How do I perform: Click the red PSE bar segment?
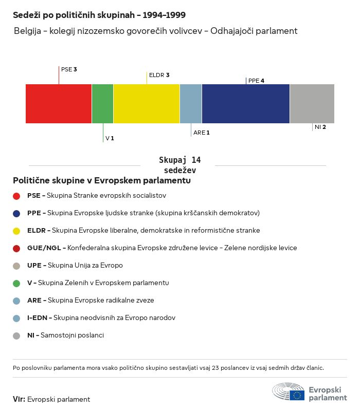[x=59, y=104]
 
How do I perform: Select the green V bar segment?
[x=102, y=104]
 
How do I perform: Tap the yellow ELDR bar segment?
[x=147, y=104]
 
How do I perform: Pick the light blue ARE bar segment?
[x=191, y=104]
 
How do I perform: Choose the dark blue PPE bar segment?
[x=246, y=104]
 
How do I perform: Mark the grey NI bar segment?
[x=312, y=104]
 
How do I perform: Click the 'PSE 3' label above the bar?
[x=69, y=69]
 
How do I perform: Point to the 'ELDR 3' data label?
[x=159, y=75]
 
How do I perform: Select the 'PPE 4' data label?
[x=256, y=81]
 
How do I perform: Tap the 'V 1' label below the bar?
[x=110, y=138]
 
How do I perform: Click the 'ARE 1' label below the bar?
[x=202, y=133]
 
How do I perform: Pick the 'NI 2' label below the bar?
[x=320, y=127]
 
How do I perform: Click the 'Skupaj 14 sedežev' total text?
[x=179, y=165]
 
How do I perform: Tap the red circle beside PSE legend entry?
[x=16, y=196]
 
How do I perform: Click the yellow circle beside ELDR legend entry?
[x=16, y=231]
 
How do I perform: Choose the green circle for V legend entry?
[x=16, y=283]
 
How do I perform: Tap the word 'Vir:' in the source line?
[x=19, y=399]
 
